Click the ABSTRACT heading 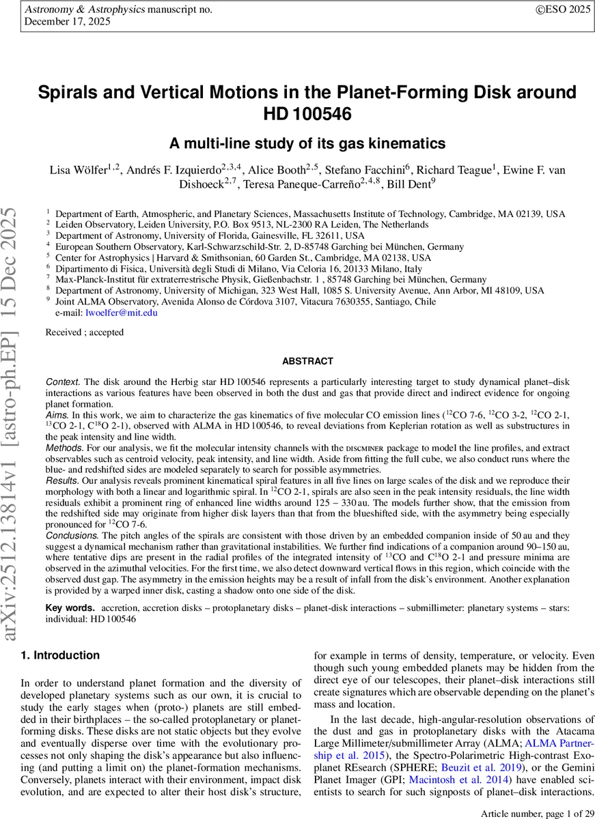307,361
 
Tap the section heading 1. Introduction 60,655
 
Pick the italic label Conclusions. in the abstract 72,536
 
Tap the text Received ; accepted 85,332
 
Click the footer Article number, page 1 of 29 538,813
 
